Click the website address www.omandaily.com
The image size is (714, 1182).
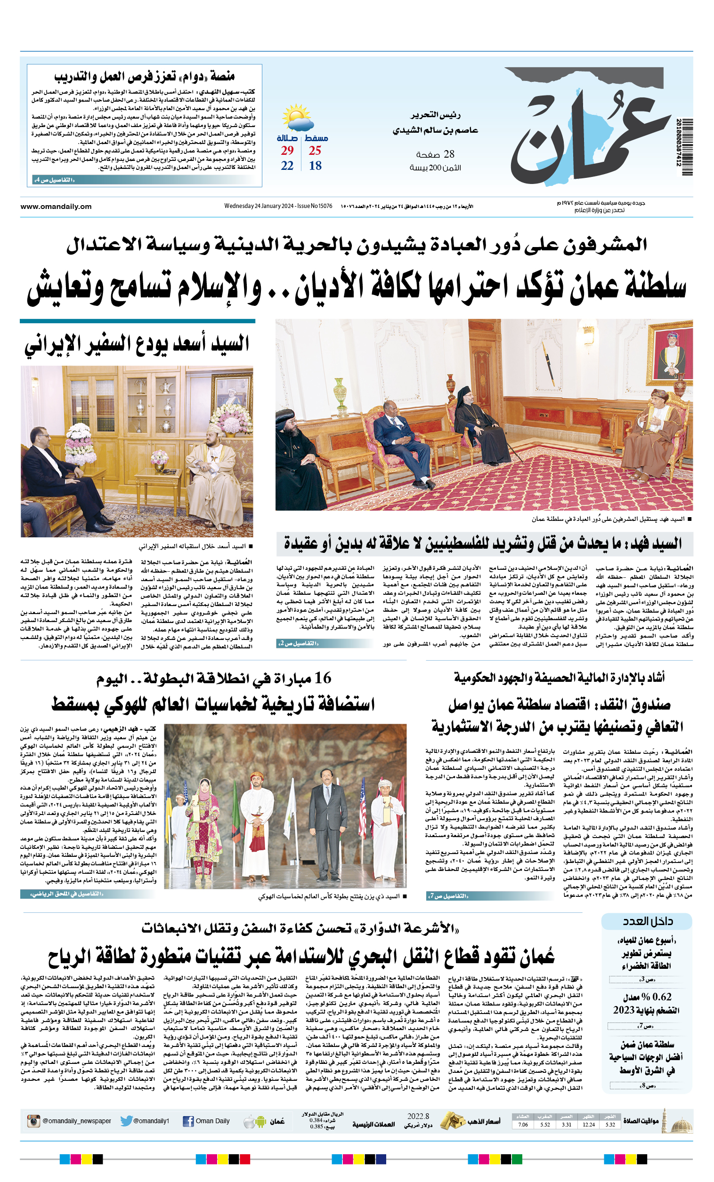click(x=56, y=206)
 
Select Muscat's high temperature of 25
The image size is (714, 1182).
click(x=315, y=151)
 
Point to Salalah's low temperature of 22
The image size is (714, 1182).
click(x=287, y=166)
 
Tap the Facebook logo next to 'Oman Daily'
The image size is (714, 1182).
click(x=188, y=1122)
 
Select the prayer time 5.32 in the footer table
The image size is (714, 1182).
click(x=610, y=1125)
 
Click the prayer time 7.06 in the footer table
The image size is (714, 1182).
click(x=523, y=1125)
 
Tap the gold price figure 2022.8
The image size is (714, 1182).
click(x=418, y=1116)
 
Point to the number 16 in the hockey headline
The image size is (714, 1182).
click(x=323, y=679)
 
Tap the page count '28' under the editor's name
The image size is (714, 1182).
click(x=449, y=154)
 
